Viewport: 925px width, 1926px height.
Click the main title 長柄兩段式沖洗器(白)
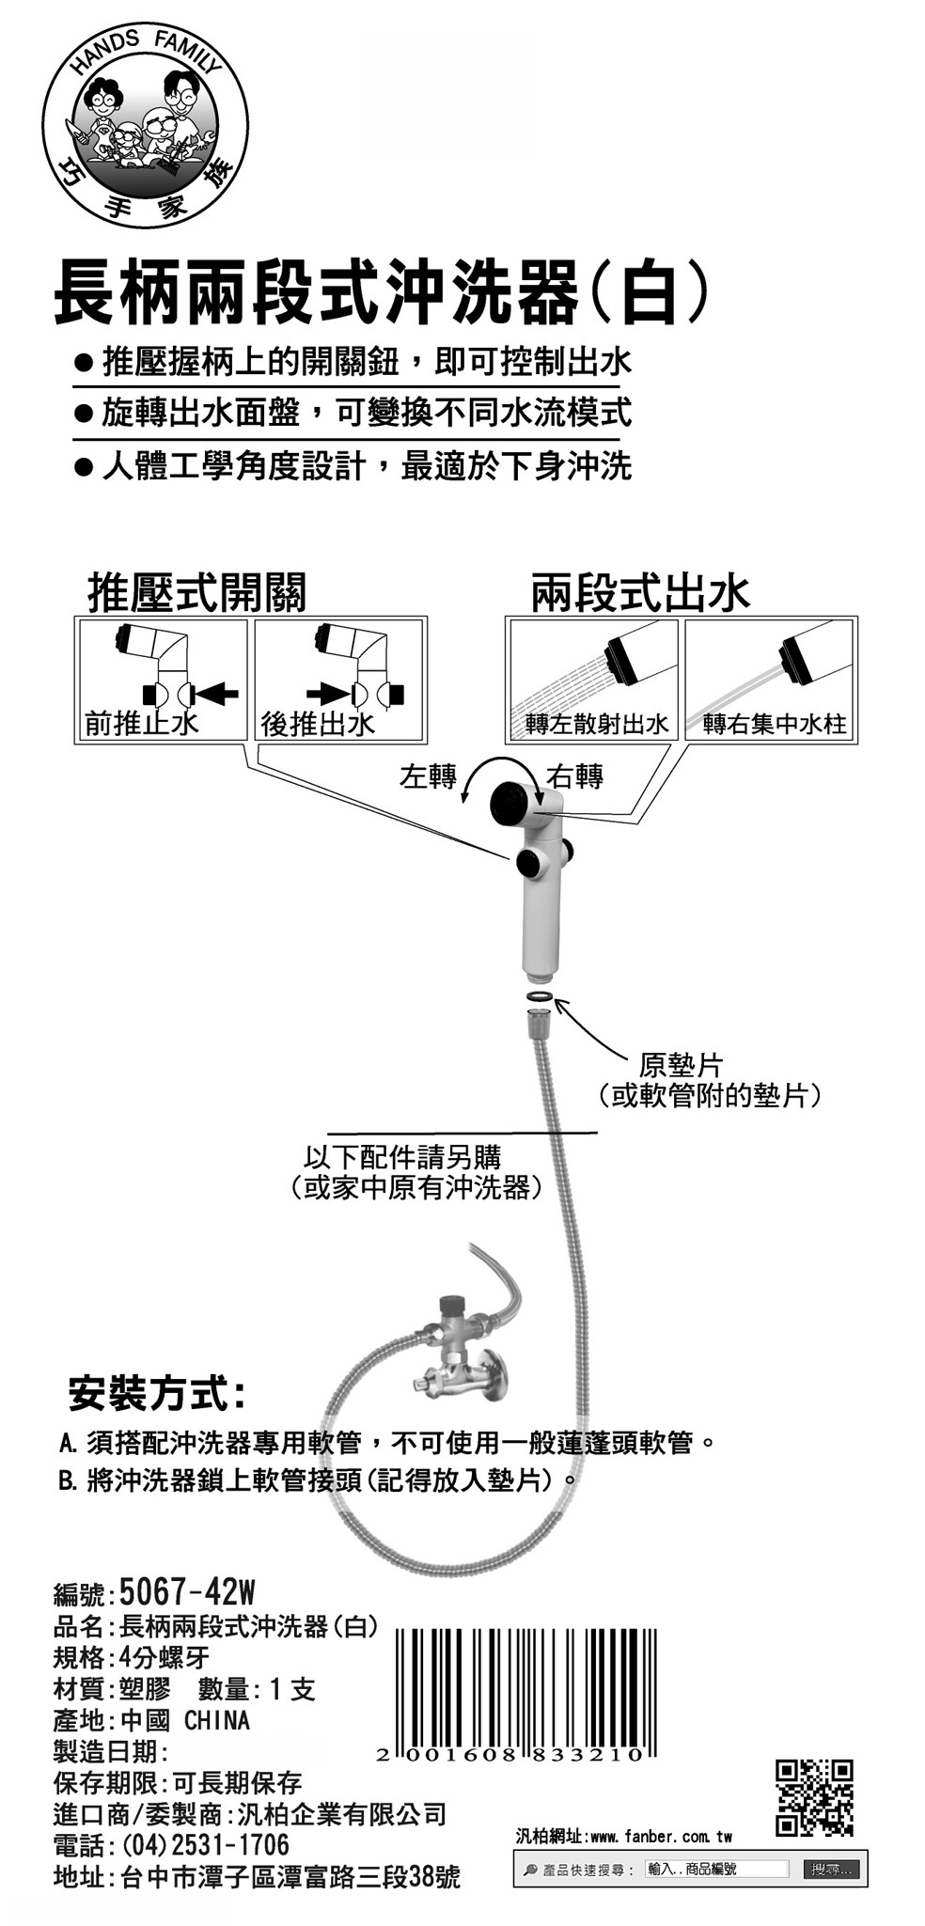click(x=380, y=293)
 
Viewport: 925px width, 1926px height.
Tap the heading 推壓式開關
click(x=196, y=592)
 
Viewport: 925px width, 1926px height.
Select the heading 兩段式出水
click(x=640, y=592)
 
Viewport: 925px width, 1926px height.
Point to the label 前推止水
click(x=141, y=723)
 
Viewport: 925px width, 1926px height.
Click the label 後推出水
click(x=318, y=723)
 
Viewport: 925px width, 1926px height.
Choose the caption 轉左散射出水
click(x=597, y=724)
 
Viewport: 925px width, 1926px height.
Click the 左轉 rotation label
click(x=428, y=776)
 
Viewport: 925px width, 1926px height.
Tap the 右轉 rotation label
click(x=575, y=776)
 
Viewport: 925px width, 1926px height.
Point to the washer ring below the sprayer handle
click(x=539, y=994)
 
